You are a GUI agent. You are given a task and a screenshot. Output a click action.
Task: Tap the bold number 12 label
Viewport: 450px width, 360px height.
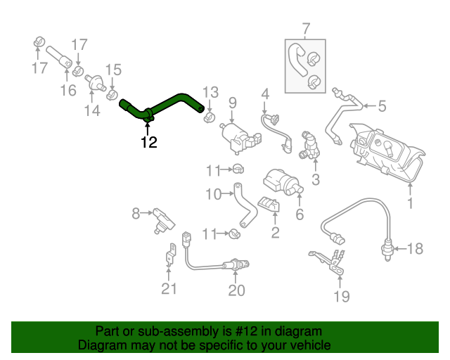[148, 143]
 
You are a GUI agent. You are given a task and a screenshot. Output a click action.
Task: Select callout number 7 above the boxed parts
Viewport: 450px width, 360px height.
[306, 30]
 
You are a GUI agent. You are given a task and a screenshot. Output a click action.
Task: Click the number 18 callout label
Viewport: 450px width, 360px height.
[416, 247]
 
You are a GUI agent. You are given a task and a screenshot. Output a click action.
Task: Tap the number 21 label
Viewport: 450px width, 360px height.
[169, 288]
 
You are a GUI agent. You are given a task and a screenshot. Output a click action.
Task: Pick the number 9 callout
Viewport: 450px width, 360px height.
[232, 103]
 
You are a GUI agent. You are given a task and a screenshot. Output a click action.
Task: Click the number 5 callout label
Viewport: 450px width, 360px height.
[382, 106]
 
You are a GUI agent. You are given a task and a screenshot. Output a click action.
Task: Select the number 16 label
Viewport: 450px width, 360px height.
[67, 91]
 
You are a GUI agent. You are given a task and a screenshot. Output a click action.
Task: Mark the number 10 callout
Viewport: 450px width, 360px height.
[213, 193]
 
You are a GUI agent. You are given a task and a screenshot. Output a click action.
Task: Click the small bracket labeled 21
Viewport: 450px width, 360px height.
[170, 255]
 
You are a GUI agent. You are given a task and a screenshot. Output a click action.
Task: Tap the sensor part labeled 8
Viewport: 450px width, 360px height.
[162, 218]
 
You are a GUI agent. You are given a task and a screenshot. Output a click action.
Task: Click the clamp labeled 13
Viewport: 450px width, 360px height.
[209, 112]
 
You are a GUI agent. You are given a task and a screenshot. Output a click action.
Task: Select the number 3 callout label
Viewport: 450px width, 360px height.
[315, 180]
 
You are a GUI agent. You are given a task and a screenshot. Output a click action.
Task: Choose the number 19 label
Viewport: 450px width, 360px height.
[341, 297]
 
